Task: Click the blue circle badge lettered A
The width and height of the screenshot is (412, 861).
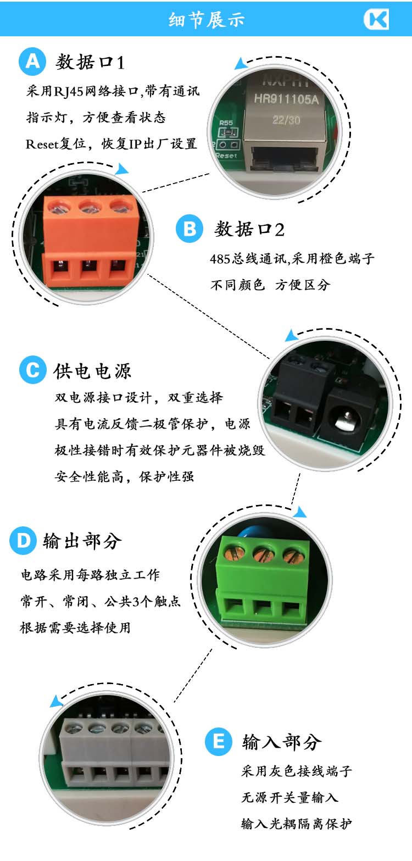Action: pos(32,61)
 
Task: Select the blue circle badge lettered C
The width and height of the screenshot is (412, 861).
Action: pos(32,370)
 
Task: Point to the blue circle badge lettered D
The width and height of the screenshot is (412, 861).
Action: pos(23,541)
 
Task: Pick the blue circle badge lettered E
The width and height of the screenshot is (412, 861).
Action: pos(218,741)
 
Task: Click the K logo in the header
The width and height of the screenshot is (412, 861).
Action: pos(376,19)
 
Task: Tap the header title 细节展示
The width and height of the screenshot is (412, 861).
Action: pos(207,20)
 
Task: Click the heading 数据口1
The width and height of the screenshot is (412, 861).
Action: pos(90,62)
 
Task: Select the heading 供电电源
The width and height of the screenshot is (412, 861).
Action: pos(93,371)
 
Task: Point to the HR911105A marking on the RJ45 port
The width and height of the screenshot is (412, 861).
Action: pos(286,99)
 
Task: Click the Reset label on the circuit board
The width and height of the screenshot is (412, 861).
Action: pos(226,155)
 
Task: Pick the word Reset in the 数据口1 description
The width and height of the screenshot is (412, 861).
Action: pos(42,144)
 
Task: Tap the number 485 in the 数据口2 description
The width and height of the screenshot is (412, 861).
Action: pos(220,259)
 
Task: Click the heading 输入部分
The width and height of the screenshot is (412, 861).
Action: pos(282,742)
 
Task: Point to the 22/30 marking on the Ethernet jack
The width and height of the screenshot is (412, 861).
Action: pos(286,120)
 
